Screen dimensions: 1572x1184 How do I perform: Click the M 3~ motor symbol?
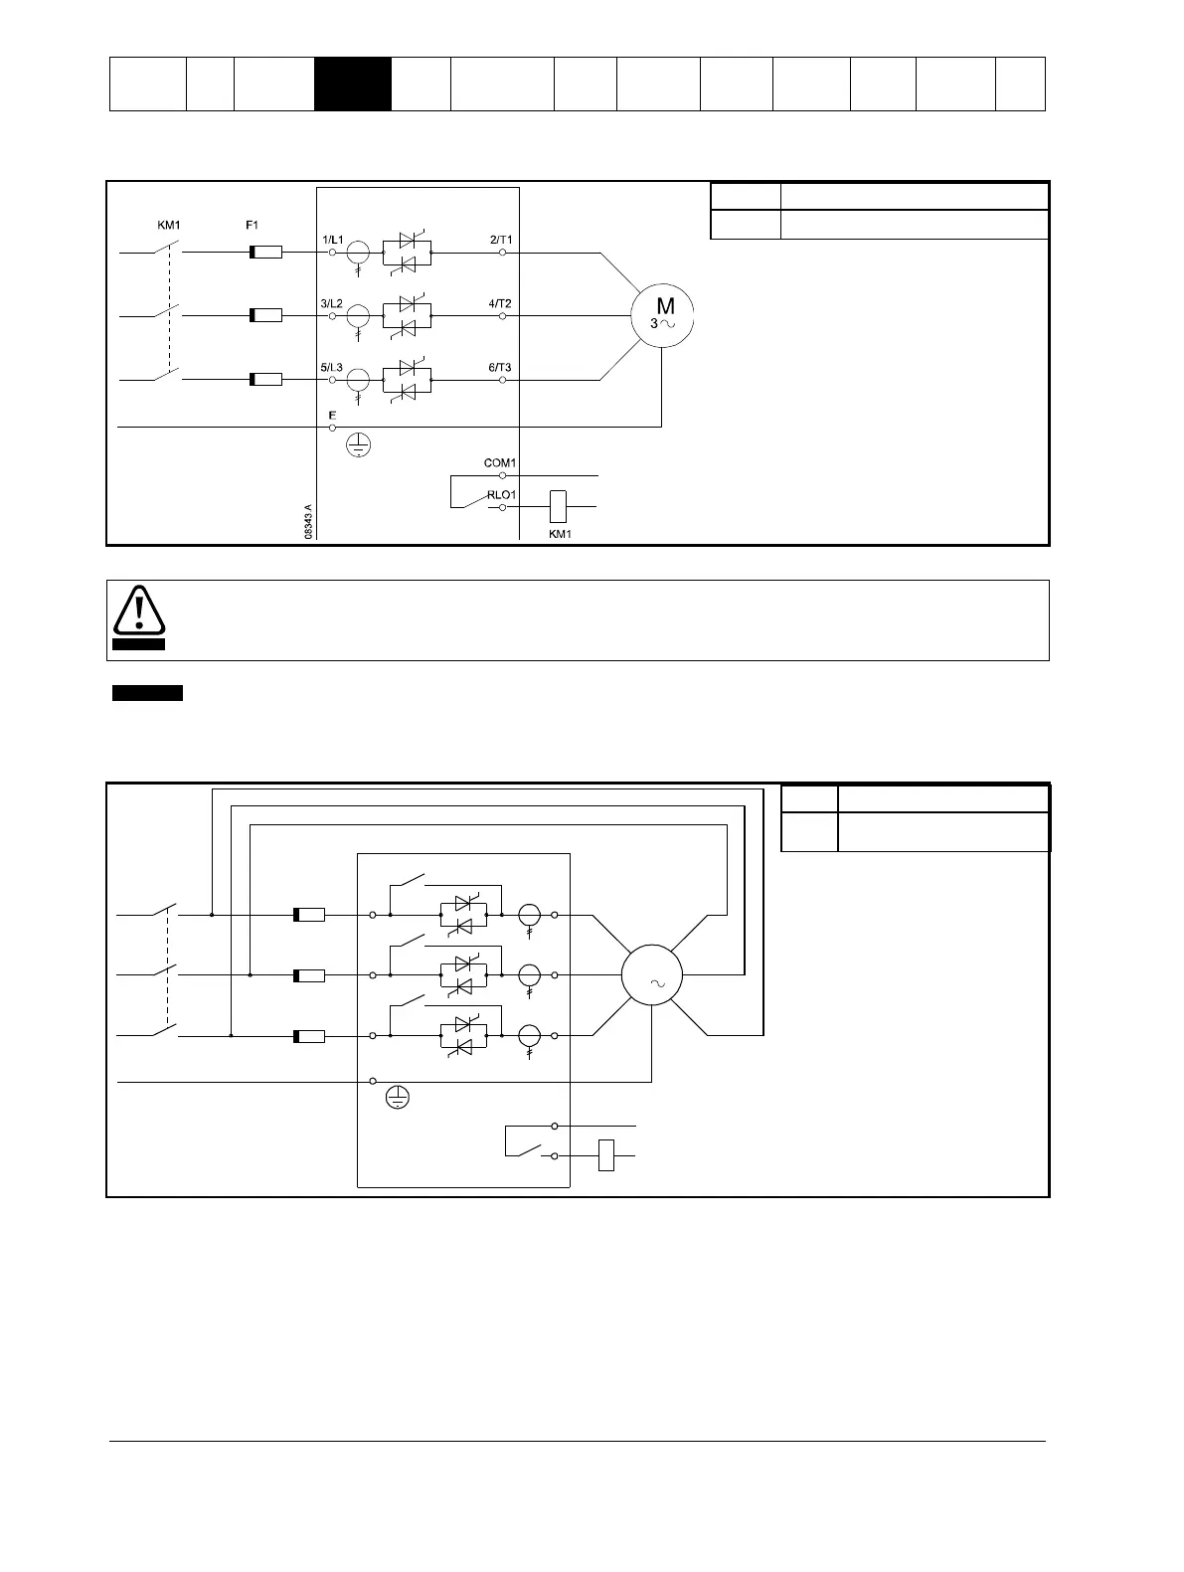pos(663,315)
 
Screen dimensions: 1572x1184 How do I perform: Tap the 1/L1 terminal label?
pos(332,241)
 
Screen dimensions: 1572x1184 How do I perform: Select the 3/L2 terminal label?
pos(332,303)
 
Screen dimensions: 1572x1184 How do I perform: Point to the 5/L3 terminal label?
pos(332,367)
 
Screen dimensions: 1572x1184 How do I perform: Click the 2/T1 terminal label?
pos(500,241)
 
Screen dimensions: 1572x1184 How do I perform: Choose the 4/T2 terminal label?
pos(500,303)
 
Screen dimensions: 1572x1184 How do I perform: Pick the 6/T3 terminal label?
pos(500,367)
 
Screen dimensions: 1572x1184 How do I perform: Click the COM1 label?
pos(500,463)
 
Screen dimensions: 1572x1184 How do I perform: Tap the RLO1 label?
pos(500,495)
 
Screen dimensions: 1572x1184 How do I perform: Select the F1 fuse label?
pos(253,226)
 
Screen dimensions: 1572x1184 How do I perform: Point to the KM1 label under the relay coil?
pos(560,534)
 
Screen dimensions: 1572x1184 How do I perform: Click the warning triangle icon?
pos(138,612)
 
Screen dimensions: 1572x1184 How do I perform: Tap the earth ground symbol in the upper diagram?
pos(358,444)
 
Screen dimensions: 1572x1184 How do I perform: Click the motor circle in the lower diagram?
pos(652,975)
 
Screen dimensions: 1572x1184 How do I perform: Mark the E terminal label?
pos(332,415)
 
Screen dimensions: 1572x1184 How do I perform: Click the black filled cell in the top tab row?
pos(353,84)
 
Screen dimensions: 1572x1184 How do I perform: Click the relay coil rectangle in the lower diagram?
pos(606,1155)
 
